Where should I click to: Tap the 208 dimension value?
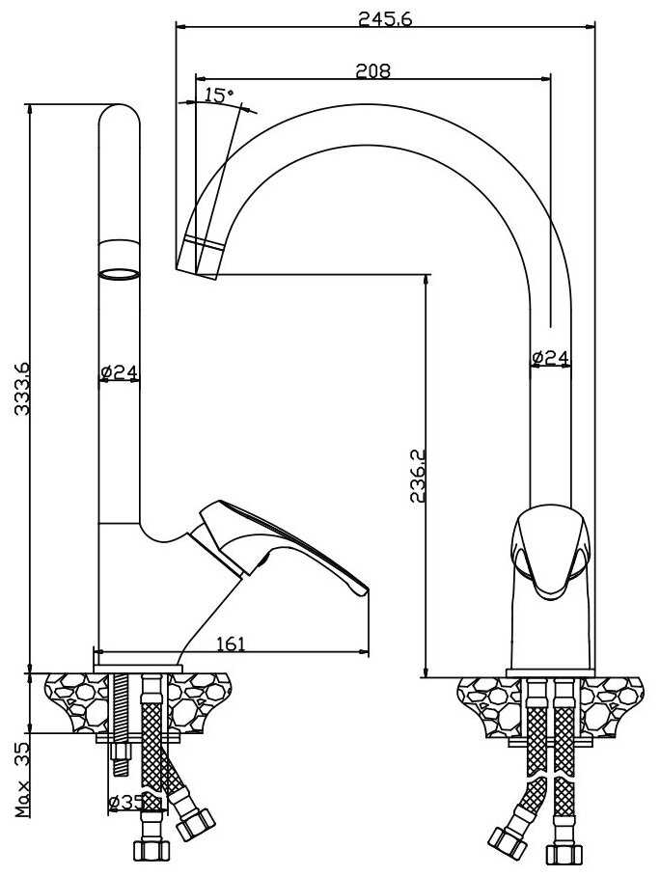[x=372, y=71]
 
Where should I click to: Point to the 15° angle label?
[x=218, y=96]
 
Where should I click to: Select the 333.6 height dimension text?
[x=23, y=388]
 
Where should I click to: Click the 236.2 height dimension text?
[x=418, y=475]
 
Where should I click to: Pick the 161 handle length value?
[x=231, y=643]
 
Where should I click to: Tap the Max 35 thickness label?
[x=23, y=780]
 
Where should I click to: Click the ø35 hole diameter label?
[x=127, y=803]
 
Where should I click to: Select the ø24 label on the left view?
[x=119, y=371]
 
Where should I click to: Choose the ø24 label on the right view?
[x=550, y=358]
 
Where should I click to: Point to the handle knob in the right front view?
[x=550, y=550]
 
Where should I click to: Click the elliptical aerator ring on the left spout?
[x=119, y=274]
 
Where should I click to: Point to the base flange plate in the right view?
[x=550, y=673]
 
